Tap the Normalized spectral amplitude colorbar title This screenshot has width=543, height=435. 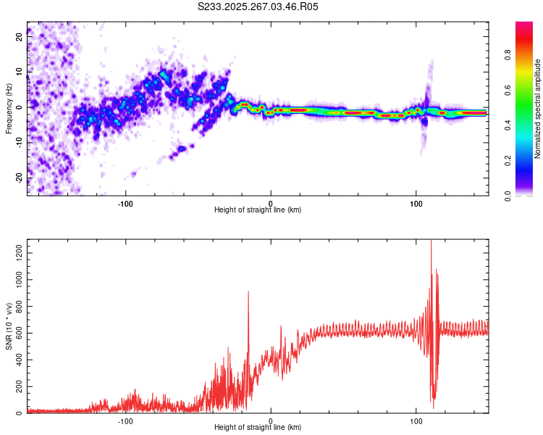pyautogui.click(x=537, y=109)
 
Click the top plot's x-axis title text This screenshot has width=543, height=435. pyautogui.click(x=258, y=210)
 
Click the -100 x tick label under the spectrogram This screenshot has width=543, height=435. pyautogui.click(x=126, y=203)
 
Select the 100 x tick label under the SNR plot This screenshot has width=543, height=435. pyautogui.click(x=416, y=421)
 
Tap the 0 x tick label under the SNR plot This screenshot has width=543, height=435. pyautogui.click(x=271, y=421)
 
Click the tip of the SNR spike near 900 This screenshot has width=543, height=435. pyautogui.click(x=248, y=291)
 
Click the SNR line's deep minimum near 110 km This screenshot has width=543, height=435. pyautogui.click(x=434, y=407)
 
